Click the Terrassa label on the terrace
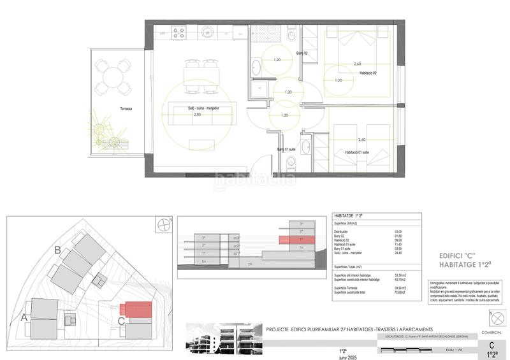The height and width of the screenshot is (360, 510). point(125,109)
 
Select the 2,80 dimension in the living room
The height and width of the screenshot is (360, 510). point(198,115)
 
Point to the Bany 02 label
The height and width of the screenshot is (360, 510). point(302,54)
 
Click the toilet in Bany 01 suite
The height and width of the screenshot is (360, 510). point(305,148)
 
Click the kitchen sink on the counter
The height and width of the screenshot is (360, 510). point(208,31)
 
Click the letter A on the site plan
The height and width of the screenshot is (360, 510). point(25,317)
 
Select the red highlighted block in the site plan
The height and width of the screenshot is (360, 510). point(138,308)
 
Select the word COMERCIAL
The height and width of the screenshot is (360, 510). point(491,333)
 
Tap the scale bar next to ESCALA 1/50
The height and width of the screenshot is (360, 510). point(408,350)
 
